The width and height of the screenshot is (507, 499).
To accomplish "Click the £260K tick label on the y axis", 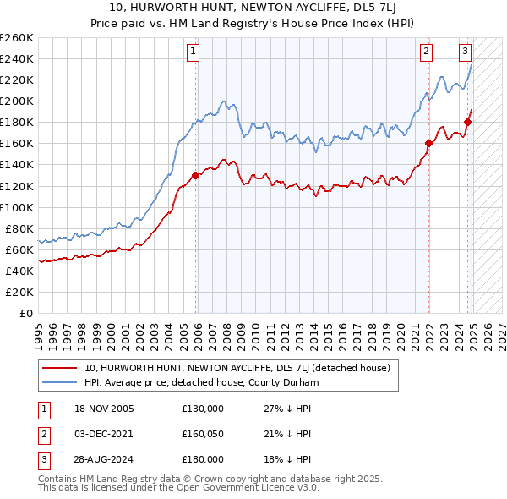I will point(17,38).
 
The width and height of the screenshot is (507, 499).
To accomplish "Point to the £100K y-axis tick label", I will point(17,207).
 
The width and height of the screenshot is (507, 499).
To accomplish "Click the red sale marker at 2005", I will point(196,175).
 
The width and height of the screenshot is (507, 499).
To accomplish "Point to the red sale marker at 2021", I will point(428,143).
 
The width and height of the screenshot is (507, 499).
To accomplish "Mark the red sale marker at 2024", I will point(467,122).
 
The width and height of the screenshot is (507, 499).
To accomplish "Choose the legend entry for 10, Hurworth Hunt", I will point(237,369).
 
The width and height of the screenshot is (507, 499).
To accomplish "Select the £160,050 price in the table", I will point(203,434).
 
